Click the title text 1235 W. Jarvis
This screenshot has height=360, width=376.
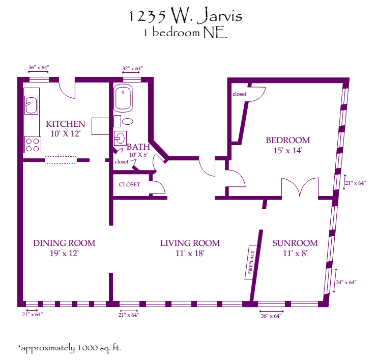click(185, 16)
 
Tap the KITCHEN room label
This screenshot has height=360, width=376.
click(65, 124)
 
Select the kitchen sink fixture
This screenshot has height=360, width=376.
click(31, 105)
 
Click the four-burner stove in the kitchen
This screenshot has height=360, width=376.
click(33, 145)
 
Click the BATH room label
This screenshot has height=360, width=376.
click(137, 147)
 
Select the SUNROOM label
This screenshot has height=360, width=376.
click(295, 243)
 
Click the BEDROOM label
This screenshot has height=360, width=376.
click(287, 140)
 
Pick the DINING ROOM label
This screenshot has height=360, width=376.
click(64, 243)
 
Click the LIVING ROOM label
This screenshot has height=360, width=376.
click(190, 243)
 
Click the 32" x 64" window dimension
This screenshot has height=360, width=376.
click(132, 68)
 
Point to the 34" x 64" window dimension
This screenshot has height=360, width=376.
click(346, 282)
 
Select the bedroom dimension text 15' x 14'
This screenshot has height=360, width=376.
click(287, 151)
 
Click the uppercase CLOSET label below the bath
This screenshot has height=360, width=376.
click(129, 184)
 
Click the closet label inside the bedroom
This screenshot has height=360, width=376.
click(239, 94)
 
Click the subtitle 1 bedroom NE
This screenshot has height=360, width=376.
click(185, 32)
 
